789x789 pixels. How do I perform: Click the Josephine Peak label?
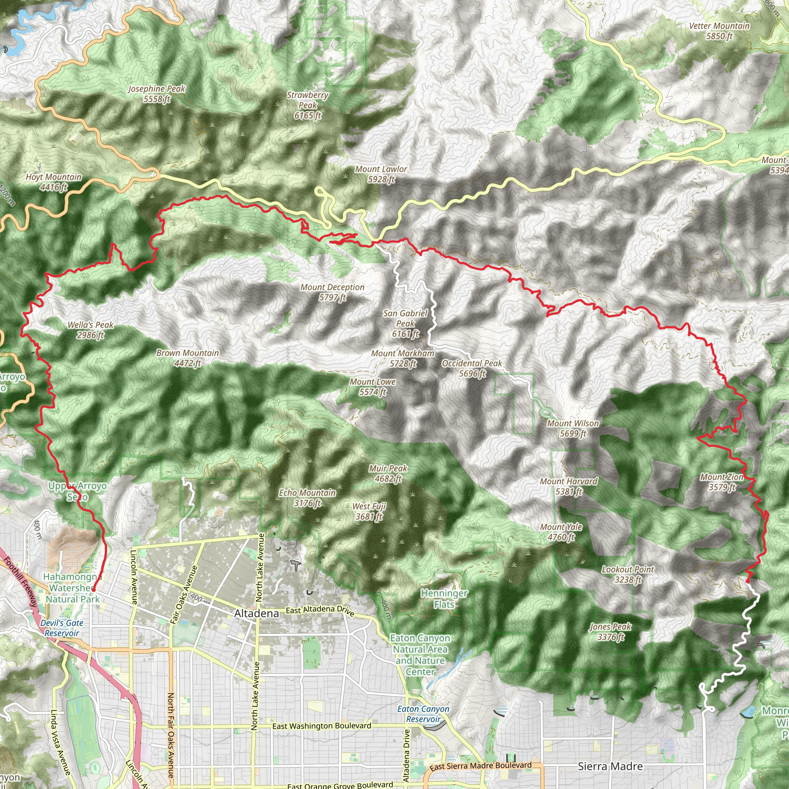(156, 94)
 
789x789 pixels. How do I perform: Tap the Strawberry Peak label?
(307, 105)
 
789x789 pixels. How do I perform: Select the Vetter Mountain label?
(719, 31)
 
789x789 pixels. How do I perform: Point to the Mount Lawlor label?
(381, 174)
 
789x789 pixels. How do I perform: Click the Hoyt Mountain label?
(54, 182)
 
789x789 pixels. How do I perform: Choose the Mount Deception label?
(332, 292)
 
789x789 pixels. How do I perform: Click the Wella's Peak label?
(90, 329)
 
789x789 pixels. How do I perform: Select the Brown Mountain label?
(188, 358)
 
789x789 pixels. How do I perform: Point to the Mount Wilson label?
(573, 428)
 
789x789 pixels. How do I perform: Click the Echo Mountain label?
(307, 498)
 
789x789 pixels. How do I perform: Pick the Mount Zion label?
(722, 482)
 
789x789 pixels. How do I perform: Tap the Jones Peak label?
(611, 631)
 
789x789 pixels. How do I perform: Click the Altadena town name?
(257, 613)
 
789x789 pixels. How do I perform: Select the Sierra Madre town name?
(610, 767)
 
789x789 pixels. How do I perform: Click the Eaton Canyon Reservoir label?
(423, 714)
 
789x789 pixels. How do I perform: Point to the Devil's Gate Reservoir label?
(62, 628)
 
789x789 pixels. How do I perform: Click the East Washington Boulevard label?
(321, 726)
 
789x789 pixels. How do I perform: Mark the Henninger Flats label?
(444, 599)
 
